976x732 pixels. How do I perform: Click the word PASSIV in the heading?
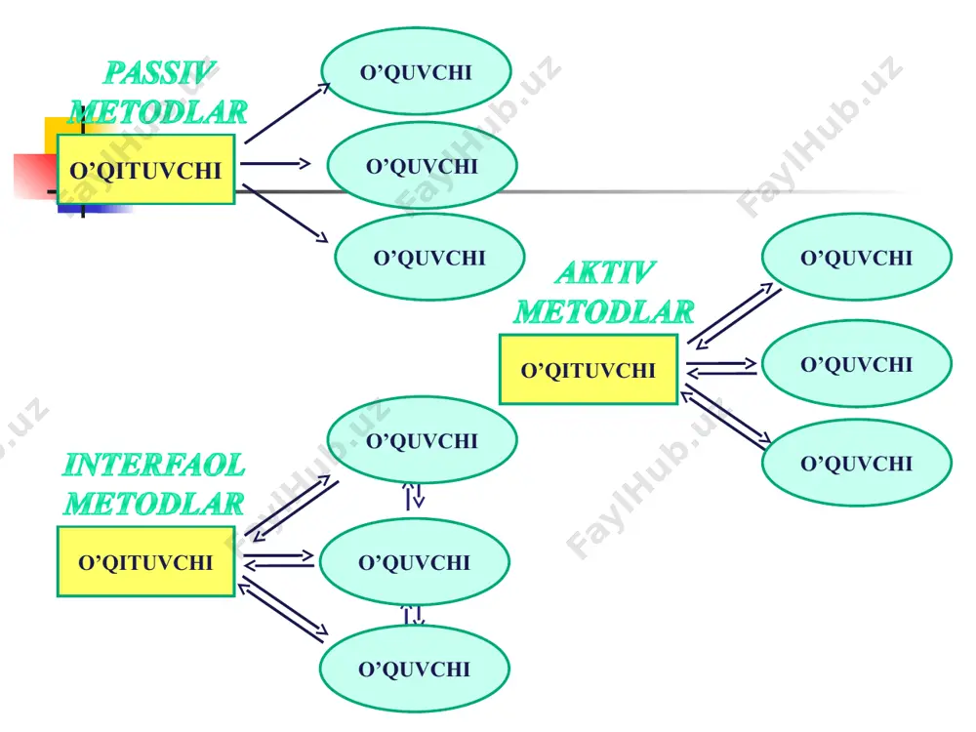(159, 73)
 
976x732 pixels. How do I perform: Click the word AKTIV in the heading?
(605, 272)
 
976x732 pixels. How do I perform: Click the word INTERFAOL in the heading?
(154, 465)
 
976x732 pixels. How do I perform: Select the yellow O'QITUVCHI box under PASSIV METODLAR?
(145, 169)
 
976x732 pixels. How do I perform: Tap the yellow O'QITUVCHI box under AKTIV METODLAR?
(589, 370)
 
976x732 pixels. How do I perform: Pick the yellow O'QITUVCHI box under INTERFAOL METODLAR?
(145, 561)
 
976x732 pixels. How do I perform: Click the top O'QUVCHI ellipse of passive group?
(416, 71)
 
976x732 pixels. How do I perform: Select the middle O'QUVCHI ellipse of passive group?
(422, 166)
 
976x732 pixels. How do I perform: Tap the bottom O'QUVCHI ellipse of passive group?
(429, 257)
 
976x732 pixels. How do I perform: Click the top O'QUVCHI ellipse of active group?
(857, 257)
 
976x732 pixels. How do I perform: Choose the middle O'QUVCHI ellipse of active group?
(857, 363)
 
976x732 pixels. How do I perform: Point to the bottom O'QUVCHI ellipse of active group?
(857, 463)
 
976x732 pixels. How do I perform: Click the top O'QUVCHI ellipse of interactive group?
(422, 440)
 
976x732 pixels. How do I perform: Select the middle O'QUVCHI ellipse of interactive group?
(415, 562)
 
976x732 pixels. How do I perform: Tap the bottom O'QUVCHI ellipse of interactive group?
(415, 669)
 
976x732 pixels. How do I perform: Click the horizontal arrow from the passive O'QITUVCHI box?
(275, 164)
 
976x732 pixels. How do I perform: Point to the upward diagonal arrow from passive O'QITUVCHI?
(287, 113)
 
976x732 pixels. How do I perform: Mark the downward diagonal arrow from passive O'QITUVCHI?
(285, 213)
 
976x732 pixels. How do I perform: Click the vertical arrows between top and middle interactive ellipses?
(413, 496)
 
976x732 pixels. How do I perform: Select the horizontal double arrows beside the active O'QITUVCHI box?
(721, 367)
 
